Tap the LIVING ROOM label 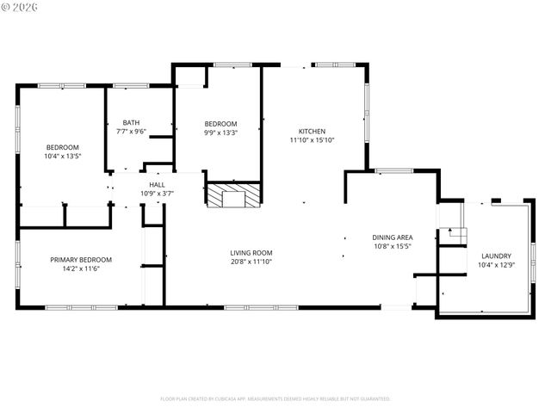[251, 253]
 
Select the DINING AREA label [392, 237]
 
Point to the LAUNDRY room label [496, 256]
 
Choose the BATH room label [131, 122]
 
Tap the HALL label [157, 184]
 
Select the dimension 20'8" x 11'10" [251, 262]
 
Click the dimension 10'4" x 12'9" [496, 264]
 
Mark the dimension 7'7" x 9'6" [131, 131]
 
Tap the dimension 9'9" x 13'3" [220, 133]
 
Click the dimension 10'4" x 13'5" [62, 156]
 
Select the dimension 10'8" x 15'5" [392, 246]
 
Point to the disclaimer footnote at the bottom [275, 399]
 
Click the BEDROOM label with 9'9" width [220, 124]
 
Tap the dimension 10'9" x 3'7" [157, 193]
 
